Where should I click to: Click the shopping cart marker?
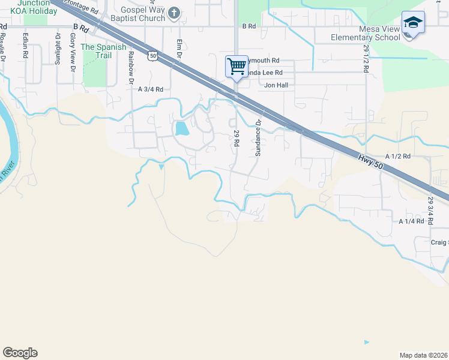coord(237,65)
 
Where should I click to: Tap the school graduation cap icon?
coord(413,23)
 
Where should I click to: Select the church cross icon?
coord(173,13)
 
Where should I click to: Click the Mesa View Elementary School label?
coord(365,33)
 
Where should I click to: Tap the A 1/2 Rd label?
coord(397,156)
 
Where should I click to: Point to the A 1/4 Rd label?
coord(412,221)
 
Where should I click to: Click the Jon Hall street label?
coord(277,85)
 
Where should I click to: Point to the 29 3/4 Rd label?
coord(430,209)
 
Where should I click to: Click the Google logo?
coord(20,353)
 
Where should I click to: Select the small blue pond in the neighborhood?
coord(180,128)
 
